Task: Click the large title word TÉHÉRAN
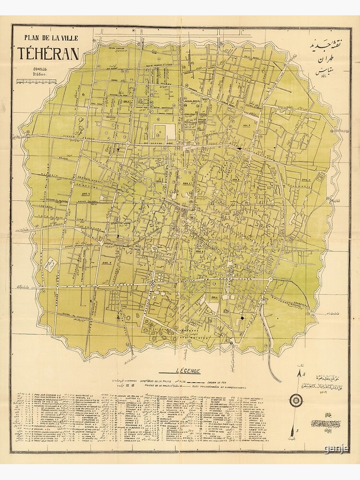[x=48, y=53]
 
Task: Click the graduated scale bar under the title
[x=36, y=82]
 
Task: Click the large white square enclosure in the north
[x=163, y=131]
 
